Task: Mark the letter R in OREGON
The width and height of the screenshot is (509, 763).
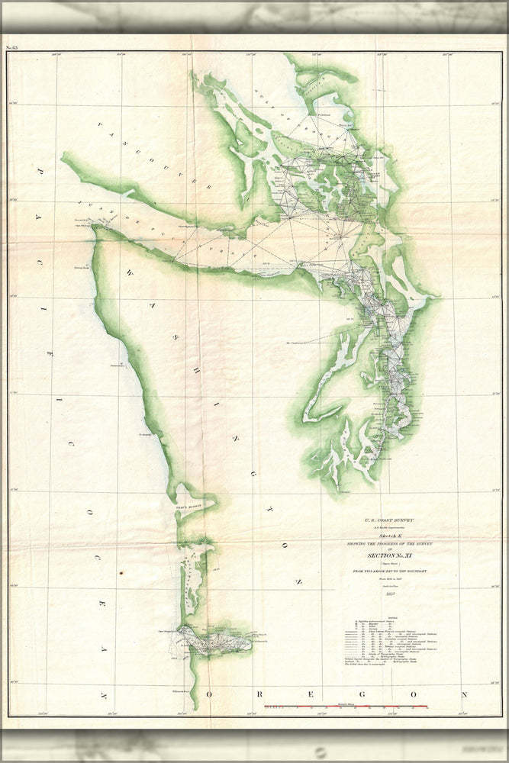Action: pyautogui.click(x=254, y=695)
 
